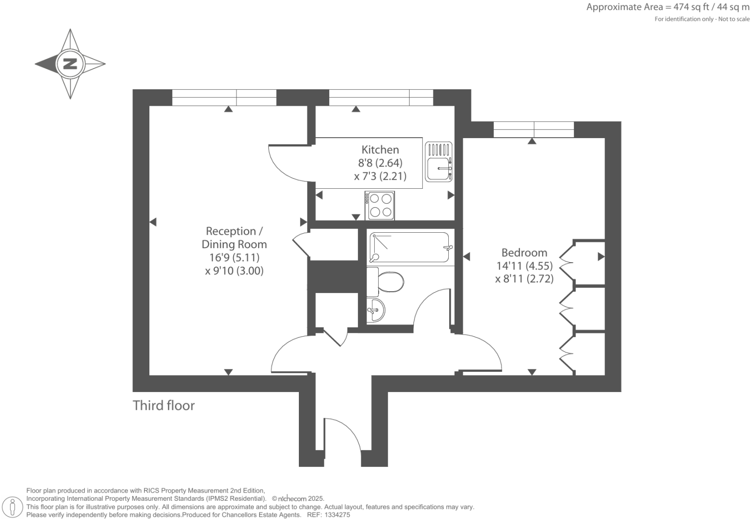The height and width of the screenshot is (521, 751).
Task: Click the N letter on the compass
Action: click(x=70, y=63)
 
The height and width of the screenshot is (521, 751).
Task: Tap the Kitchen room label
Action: click(x=380, y=150)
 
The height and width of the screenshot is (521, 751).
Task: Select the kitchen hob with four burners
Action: click(x=380, y=205)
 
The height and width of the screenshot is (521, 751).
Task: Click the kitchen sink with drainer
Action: click(x=439, y=161)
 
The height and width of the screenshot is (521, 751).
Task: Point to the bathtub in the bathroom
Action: click(x=409, y=248)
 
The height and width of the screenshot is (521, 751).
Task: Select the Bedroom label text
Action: click(x=524, y=253)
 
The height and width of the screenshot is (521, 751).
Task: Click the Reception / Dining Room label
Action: click(x=234, y=238)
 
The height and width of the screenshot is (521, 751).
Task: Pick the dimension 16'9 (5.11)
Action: click(x=234, y=257)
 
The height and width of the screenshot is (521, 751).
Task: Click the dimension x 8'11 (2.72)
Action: click(x=524, y=279)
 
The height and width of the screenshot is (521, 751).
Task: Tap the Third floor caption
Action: click(x=163, y=406)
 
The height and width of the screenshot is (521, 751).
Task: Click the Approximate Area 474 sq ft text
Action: click(x=667, y=7)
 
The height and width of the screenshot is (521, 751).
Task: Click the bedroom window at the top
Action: click(x=533, y=129)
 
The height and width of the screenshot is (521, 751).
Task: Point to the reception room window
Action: click(x=224, y=98)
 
